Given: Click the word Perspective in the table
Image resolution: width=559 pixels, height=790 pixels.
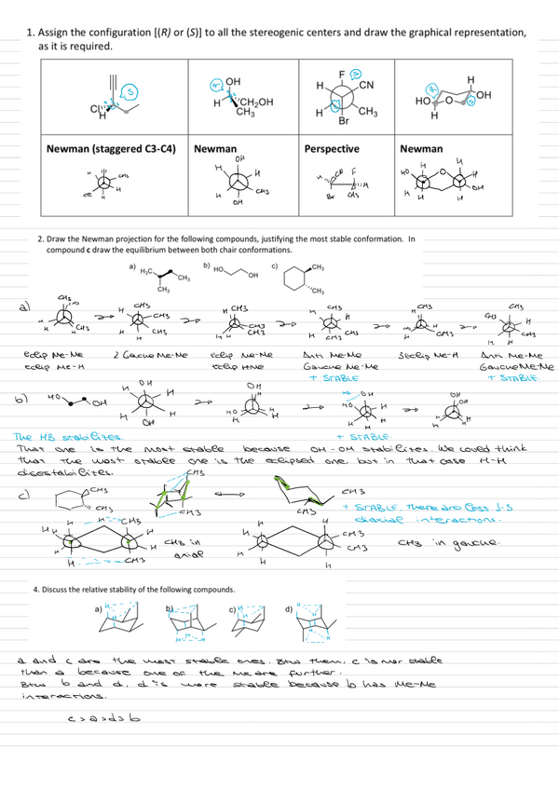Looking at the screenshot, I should coord(332,148).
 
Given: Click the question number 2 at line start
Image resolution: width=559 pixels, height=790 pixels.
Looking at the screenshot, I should coord(37,238).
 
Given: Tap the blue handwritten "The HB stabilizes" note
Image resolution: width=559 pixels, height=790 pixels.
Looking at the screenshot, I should coord(47,437).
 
